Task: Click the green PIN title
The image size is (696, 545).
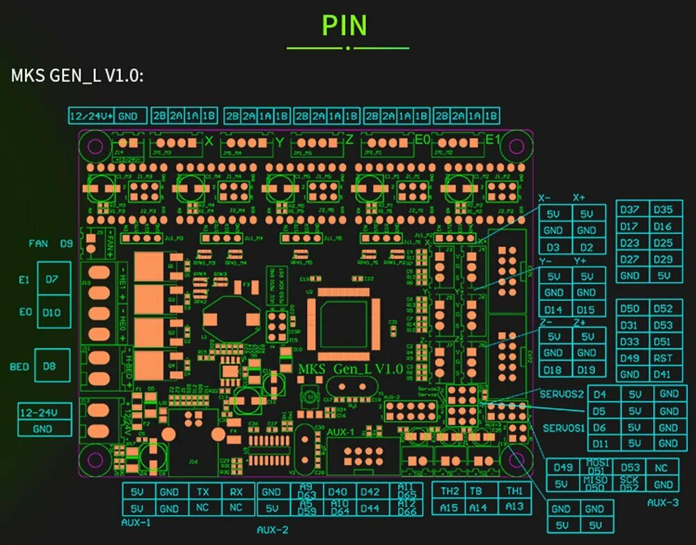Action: [344, 25]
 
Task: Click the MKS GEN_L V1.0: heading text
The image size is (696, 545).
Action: [77, 75]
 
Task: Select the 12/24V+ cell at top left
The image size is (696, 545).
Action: [91, 116]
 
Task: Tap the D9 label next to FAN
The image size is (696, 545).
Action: [66, 244]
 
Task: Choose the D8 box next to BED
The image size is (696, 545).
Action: [50, 366]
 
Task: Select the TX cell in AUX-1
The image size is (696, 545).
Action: [202, 491]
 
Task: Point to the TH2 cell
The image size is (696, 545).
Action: [450, 491]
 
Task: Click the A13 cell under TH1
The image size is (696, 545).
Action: [514, 507]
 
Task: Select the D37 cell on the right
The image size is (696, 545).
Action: [629, 210]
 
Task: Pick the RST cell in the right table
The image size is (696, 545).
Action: [663, 358]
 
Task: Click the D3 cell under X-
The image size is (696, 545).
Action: [553, 247]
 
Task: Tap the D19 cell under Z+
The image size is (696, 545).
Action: [587, 370]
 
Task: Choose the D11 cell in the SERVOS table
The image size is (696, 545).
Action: [600, 443]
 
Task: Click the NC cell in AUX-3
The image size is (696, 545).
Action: [661, 468]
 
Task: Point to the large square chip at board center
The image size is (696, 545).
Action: [342, 318]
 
